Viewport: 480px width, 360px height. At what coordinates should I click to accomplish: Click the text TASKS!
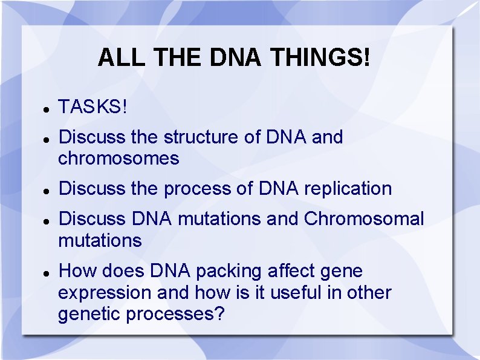tap(92, 107)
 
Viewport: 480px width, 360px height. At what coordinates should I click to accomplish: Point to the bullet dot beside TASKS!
tap(46, 110)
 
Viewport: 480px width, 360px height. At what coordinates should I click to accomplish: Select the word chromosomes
tap(118, 159)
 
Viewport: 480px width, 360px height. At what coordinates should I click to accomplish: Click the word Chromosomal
tap(364, 218)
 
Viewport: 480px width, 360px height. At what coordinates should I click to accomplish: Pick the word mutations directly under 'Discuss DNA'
tap(100, 240)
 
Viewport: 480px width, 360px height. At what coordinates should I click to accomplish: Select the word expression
tap(105, 293)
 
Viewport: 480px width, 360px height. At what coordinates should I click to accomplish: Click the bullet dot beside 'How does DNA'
tap(46, 273)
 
